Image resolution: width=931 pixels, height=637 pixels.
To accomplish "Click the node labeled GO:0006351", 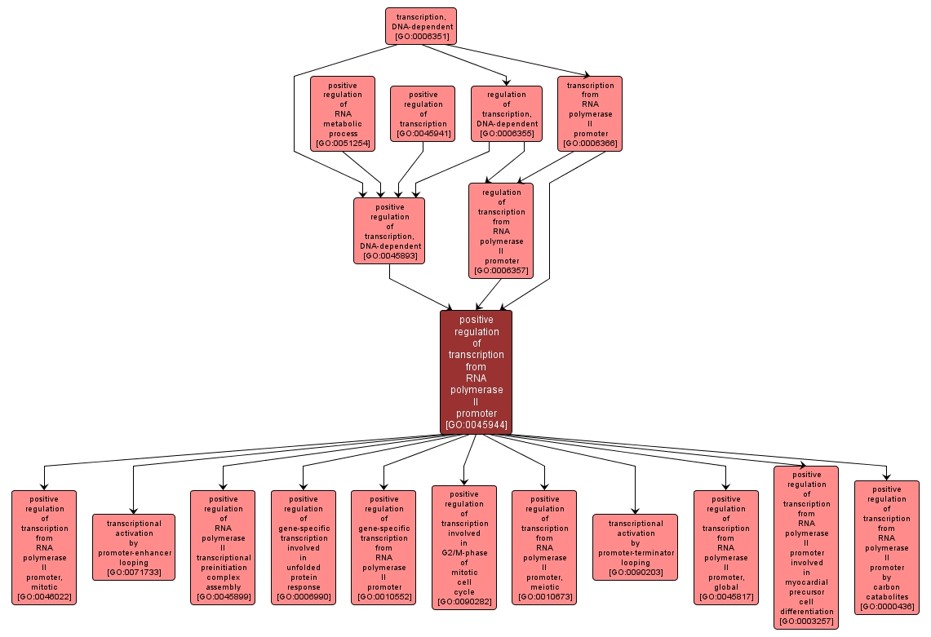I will (420, 26).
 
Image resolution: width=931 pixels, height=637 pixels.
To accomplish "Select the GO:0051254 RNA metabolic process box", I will (343, 113).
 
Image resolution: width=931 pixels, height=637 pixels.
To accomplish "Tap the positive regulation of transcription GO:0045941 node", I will (423, 113).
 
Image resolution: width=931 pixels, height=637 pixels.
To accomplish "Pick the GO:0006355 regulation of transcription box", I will (507, 113).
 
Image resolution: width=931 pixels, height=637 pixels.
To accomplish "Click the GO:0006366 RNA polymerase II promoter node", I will (590, 113).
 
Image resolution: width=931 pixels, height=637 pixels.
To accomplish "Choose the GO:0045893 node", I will (389, 231).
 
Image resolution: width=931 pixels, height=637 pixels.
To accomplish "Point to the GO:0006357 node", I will (501, 231).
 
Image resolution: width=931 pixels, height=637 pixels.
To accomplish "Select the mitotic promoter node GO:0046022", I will (44, 547).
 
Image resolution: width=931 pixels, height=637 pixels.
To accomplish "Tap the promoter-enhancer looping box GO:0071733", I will (134, 547).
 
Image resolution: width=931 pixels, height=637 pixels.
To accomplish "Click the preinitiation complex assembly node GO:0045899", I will (223, 547).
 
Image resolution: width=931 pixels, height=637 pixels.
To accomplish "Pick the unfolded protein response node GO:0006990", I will (304, 547).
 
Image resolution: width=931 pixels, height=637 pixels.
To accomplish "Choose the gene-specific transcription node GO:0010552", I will (383, 547).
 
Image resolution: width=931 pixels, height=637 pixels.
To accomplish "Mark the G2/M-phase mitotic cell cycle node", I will (463, 547).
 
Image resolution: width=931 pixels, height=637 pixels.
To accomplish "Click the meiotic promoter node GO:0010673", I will (544, 547).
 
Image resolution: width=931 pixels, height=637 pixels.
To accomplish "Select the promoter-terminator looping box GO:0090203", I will (635, 547).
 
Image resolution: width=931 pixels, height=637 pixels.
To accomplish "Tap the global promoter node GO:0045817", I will (725, 547).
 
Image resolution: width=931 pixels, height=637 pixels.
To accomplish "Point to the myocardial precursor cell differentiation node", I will (806, 547).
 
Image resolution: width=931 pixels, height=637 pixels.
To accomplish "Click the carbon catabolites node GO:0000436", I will (886, 547).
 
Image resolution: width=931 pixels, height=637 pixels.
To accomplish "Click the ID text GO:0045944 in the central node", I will (476, 425).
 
